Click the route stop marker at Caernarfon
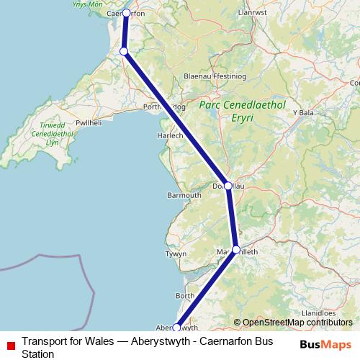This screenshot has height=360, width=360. (127, 13)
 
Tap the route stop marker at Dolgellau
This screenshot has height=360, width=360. (228, 186)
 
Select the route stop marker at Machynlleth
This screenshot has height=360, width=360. (236, 250)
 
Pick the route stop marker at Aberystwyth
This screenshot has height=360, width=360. (177, 328)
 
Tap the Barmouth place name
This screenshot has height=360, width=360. (184, 195)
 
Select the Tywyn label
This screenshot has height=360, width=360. (176, 254)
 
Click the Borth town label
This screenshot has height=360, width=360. (185, 296)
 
